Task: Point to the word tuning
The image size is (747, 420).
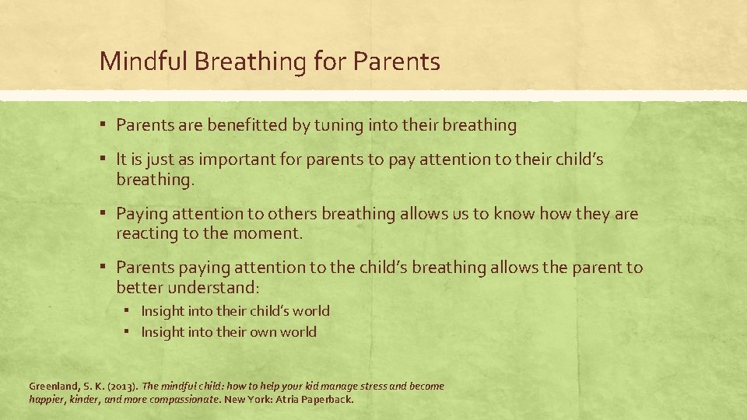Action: [x=338, y=124]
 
